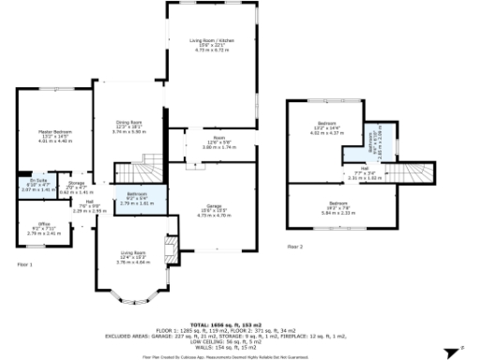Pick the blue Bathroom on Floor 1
click(131, 198)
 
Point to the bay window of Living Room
click(130, 298)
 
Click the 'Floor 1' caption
click(25, 265)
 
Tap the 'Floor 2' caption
click(295, 247)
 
